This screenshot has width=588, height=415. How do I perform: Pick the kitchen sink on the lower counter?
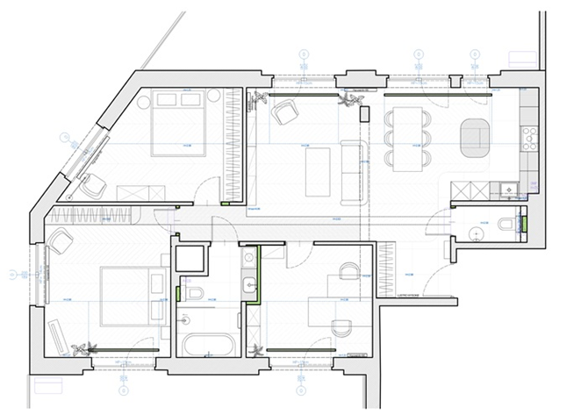pos(508,187)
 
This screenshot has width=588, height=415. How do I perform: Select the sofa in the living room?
pos(354,170)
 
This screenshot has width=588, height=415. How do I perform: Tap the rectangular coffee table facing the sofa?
pos(317,171)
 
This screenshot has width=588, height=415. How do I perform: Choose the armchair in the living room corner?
pos(286,112)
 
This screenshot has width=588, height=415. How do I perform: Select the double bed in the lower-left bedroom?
pos(128,295)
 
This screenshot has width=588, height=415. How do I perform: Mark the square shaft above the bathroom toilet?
pos(190,258)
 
